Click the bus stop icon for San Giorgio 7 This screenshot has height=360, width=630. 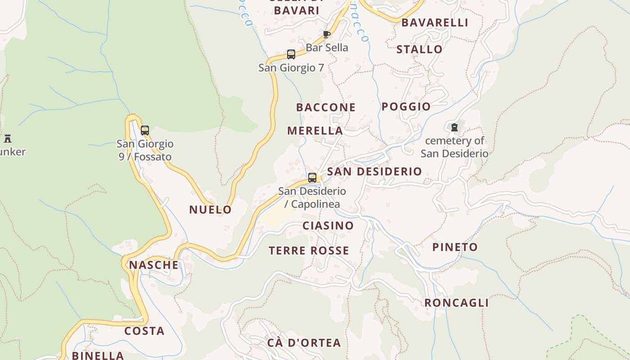(x=291, y=54)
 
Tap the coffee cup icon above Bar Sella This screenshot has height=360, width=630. (x=327, y=34)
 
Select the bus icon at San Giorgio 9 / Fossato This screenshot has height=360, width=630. (x=145, y=130)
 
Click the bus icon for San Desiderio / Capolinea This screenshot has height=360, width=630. (x=312, y=178)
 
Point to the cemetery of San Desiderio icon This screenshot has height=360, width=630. (x=454, y=127)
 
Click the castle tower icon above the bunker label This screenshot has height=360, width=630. (x=8, y=138)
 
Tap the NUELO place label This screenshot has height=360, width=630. (x=210, y=210)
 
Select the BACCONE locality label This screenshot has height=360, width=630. (x=326, y=108)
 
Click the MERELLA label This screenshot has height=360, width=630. (x=315, y=131)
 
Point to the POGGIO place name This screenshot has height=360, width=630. (x=406, y=107)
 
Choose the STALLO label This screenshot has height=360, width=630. (x=419, y=49)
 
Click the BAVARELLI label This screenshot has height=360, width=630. (x=435, y=23)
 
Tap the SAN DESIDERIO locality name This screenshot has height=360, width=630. (x=374, y=171)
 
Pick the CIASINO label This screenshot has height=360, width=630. (x=328, y=226)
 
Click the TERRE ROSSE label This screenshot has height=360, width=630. (x=309, y=251)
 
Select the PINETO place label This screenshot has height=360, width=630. (x=455, y=247)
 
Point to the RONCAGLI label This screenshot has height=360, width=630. (x=456, y=303)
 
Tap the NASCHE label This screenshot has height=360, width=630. (x=154, y=265)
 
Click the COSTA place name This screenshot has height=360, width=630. (x=144, y=331)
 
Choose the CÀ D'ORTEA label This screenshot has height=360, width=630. (x=304, y=343)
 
